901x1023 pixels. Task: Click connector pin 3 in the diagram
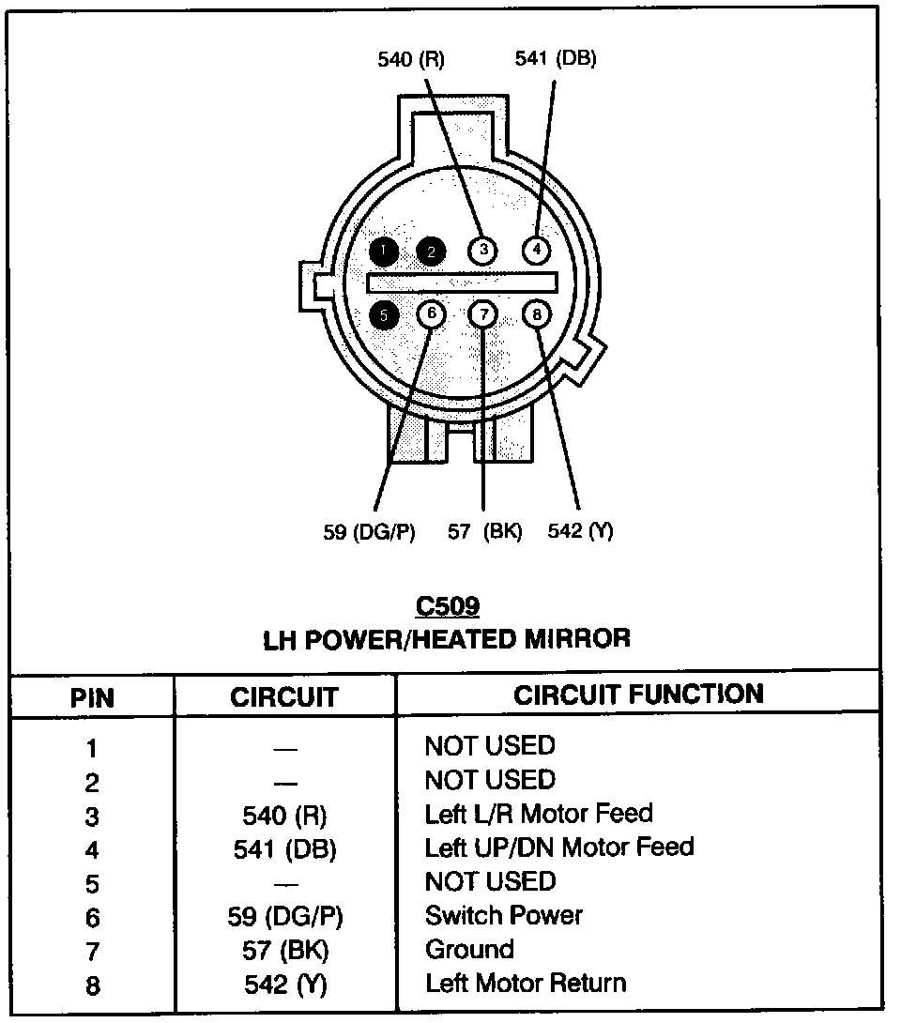point(482,250)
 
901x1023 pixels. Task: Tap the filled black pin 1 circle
point(383,251)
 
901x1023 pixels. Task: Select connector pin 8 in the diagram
point(537,313)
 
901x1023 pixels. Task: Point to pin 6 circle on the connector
point(431,313)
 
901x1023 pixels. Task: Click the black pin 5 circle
point(383,315)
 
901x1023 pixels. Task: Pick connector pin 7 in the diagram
point(482,313)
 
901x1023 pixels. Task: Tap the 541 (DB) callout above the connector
point(556,58)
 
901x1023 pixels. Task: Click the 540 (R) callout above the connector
point(411,60)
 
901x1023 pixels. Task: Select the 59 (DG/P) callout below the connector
point(369,532)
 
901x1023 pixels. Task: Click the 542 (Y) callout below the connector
point(580,531)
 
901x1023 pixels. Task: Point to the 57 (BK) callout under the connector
point(484,532)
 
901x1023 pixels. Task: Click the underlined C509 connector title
point(447,606)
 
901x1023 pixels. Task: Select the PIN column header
point(92,698)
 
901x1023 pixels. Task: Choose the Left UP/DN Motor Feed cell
point(559,847)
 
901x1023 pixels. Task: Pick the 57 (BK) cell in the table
point(284,950)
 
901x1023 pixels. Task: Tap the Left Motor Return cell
point(526,983)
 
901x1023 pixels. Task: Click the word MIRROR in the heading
point(577,640)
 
